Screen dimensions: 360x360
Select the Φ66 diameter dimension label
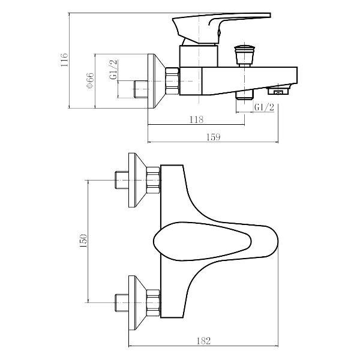point(90,81)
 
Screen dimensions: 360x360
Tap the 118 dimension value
point(196,119)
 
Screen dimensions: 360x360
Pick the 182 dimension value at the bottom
point(204,341)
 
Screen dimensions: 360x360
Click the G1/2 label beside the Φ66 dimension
point(113,70)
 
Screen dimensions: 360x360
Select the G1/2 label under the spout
point(265,107)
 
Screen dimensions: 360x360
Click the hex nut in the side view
point(173,80)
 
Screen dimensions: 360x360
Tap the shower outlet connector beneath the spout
point(245,95)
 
